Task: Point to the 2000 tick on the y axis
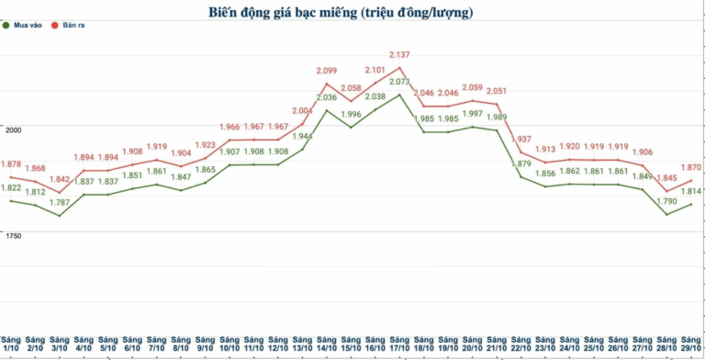(x=11, y=131)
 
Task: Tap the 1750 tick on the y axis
(x=11, y=237)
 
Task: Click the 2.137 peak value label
(x=399, y=55)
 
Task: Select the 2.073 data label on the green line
(x=399, y=82)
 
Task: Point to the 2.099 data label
(x=326, y=71)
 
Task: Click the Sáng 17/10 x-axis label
(x=399, y=343)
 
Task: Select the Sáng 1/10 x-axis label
(x=11, y=343)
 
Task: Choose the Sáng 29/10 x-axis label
(x=692, y=343)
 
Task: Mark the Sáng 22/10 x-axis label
(x=520, y=343)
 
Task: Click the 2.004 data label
(x=301, y=111)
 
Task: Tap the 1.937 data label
(x=520, y=140)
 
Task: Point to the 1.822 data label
(x=11, y=188)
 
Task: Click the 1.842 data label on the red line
(x=61, y=180)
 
